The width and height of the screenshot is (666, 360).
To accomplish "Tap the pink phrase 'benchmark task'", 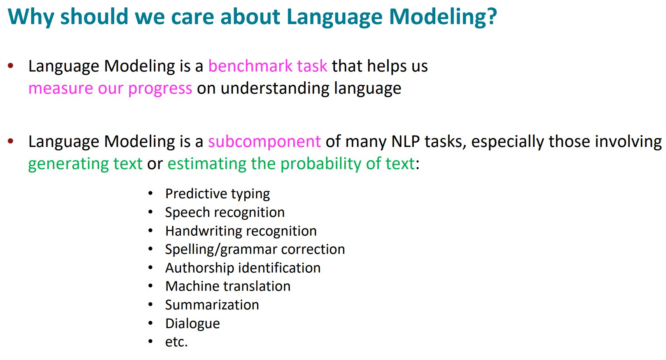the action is point(268,66).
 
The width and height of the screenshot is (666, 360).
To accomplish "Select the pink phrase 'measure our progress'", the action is point(110,89).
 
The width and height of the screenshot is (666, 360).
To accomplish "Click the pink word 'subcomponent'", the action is point(264,142).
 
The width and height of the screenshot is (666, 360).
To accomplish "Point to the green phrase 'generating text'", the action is point(85,164).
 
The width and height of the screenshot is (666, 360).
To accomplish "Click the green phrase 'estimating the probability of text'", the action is point(291,164).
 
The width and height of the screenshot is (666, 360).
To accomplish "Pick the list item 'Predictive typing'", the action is point(217,194).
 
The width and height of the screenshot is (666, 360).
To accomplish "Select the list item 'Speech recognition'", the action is point(225,213).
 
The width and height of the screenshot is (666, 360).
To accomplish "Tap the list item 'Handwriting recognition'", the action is point(241,231).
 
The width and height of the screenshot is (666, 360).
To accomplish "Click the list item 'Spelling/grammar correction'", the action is point(255,250).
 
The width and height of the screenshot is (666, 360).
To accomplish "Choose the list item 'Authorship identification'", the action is point(243,268).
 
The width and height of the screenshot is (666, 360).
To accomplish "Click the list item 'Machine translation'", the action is point(228,287).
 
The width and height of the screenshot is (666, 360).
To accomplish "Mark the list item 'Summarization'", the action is point(212,305).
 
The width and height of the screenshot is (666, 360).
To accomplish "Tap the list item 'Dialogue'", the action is point(192,324).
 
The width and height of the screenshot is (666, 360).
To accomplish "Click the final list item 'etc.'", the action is point(176,342).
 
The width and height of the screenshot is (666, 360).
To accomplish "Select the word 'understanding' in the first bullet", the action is point(275,89).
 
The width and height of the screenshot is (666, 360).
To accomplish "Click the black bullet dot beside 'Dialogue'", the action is point(151,323).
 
